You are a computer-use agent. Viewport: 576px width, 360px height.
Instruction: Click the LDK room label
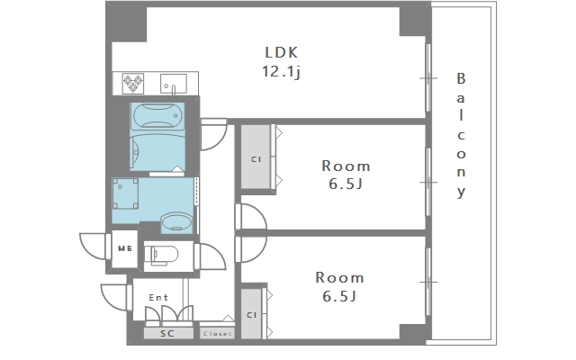click(282, 52)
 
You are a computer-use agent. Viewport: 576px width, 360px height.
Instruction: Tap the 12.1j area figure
click(282, 71)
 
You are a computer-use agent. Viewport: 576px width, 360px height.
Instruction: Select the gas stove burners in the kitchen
click(132, 84)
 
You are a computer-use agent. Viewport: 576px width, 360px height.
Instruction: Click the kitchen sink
click(174, 84)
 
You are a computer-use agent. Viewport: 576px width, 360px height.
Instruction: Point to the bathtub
click(157, 116)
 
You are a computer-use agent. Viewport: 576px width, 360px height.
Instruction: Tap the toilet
click(161, 255)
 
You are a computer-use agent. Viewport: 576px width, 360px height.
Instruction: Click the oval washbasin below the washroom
click(176, 222)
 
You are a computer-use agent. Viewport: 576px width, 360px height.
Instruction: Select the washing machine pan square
click(125, 193)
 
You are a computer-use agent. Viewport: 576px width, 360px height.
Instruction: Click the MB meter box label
click(125, 248)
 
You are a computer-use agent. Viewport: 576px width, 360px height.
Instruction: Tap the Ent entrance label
click(158, 297)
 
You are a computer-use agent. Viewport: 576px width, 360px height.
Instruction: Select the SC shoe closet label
click(167, 334)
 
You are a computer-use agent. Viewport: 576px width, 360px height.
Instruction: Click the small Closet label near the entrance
click(217, 334)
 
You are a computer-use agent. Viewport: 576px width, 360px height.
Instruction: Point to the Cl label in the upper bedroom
click(256, 159)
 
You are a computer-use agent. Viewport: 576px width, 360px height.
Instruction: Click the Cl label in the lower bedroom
click(252, 315)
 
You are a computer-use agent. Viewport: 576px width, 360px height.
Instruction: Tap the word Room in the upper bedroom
click(346, 166)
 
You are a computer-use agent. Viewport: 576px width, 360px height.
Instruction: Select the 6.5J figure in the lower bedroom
click(339, 296)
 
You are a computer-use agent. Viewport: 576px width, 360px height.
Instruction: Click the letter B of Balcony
click(461, 78)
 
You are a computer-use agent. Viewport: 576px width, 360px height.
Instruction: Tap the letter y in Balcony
click(462, 192)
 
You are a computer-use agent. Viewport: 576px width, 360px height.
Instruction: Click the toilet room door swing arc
click(213, 256)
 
